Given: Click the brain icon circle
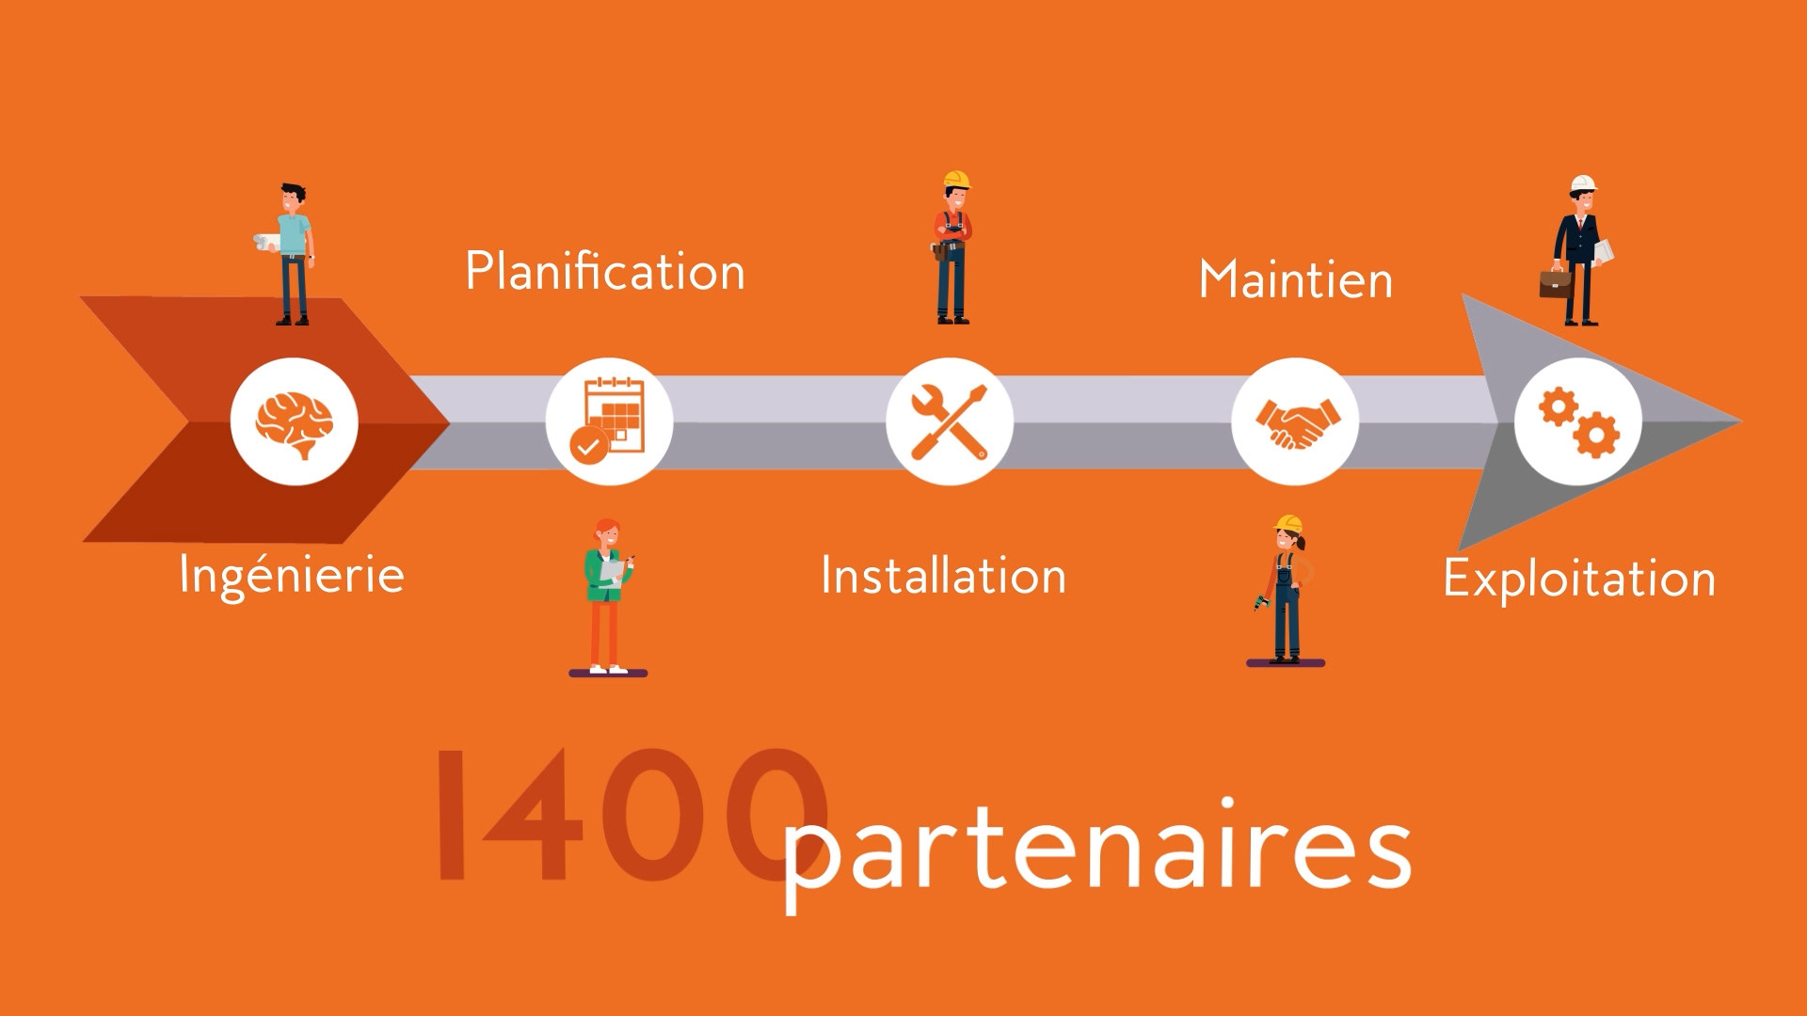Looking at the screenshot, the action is click(x=295, y=421).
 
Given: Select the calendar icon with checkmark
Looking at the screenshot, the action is click(x=610, y=421).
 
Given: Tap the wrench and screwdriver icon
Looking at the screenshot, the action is click(x=950, y=421).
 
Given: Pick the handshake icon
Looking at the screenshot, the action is click(x=1295, y=421).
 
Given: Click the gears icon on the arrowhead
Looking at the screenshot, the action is click(x=1578, y=421).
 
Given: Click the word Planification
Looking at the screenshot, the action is click(x=605, y=272).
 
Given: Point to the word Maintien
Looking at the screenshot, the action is click(x=1295, y=279).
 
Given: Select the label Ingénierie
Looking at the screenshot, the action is click(x=292, y=575).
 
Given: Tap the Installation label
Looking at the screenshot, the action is click(x=943, y=576).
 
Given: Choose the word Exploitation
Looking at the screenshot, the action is click(x=1579, y=579).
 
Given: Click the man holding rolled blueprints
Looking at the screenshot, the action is click(x=293, y=254).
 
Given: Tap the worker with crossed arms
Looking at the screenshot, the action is click(x=952, y=249).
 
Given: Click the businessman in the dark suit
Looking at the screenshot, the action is click(x=1579, y=254).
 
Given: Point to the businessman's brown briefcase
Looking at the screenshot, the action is click(x=1555, y=282).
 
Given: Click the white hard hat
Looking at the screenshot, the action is click(x=1583, y=183).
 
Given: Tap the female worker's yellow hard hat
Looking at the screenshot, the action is click(x=1288, y=524).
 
